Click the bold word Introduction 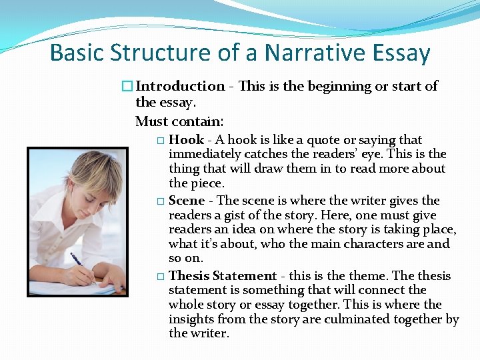tap(181, 86)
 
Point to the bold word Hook tap(186, 140)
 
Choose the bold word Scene tap(187, 201)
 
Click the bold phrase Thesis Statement tap(223, 276)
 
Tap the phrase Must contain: tap(179, 121)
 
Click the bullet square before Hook tap(160, 141)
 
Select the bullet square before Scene tap(160, 201)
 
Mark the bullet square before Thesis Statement tap(160, 277)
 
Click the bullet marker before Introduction tap(127, 86)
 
